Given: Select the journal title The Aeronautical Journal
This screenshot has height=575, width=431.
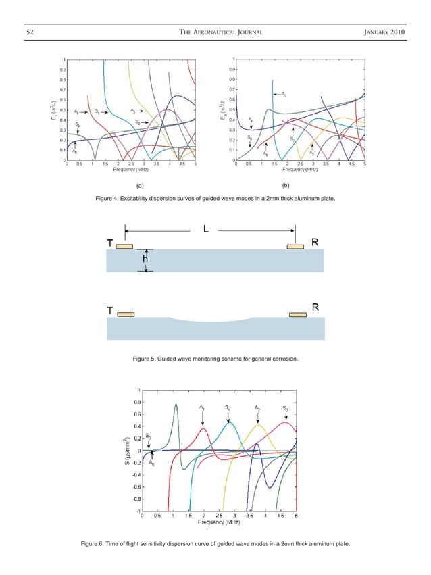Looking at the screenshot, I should [x=215, y=26].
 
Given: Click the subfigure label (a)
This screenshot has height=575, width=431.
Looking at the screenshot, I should [x=139, y=184].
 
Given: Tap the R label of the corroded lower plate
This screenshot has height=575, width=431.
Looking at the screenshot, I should [x=314, y=308].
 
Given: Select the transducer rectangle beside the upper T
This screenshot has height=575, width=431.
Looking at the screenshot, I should [x=124, y=246].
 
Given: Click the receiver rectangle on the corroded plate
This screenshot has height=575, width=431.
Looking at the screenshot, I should [x=297, y=314].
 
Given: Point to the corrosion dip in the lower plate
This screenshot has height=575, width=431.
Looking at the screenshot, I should [x=211, y=321].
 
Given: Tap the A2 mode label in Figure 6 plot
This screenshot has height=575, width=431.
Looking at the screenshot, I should [x=257, y=407].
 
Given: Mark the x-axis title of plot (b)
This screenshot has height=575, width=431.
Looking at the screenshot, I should [x=300, y=169].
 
